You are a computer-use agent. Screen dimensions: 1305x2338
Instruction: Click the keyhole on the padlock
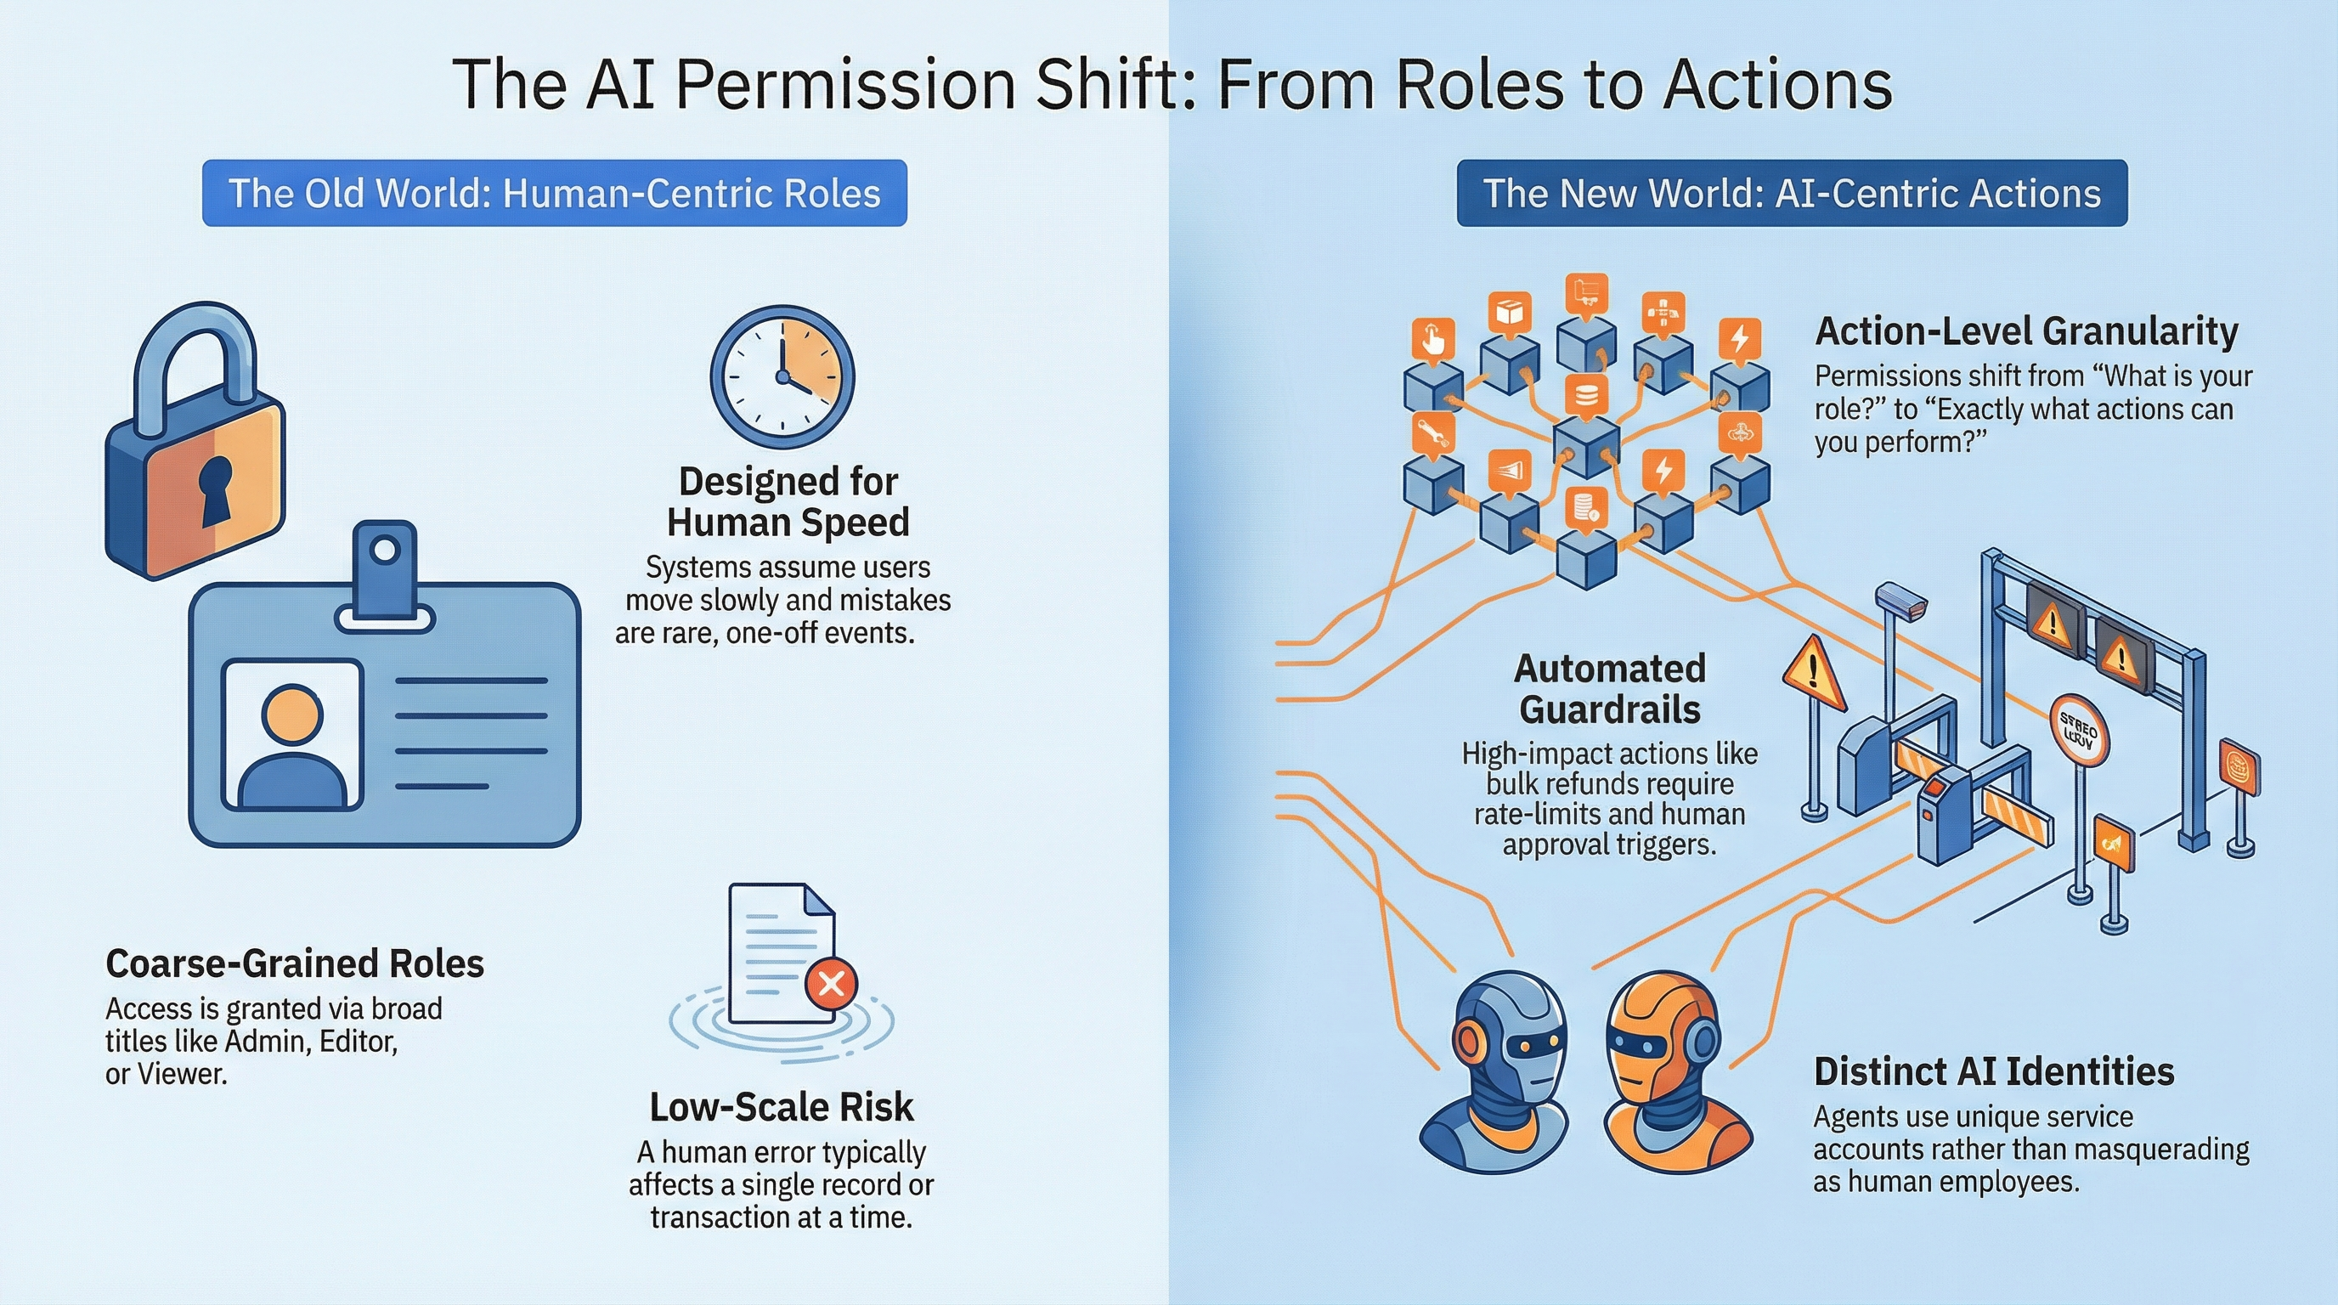[x=216, y=489]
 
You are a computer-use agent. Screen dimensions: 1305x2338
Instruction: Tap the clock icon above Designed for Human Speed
[x=782, y=376]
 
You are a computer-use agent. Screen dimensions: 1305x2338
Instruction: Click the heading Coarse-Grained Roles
[x=295, y=963]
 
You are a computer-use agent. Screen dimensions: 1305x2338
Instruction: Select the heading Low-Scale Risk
[x=782, y=1107]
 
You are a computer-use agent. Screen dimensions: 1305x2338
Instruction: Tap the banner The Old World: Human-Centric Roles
[x=555, y=194]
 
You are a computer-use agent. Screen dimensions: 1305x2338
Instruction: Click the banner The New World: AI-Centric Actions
[x=1792, y=194]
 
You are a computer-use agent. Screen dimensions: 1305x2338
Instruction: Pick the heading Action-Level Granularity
[x=2025, y=331]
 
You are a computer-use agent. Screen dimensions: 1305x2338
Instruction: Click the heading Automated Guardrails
[x=1610, y=689]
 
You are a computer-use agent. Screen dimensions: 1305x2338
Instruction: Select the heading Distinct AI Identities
[x=1994, y=1071]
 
